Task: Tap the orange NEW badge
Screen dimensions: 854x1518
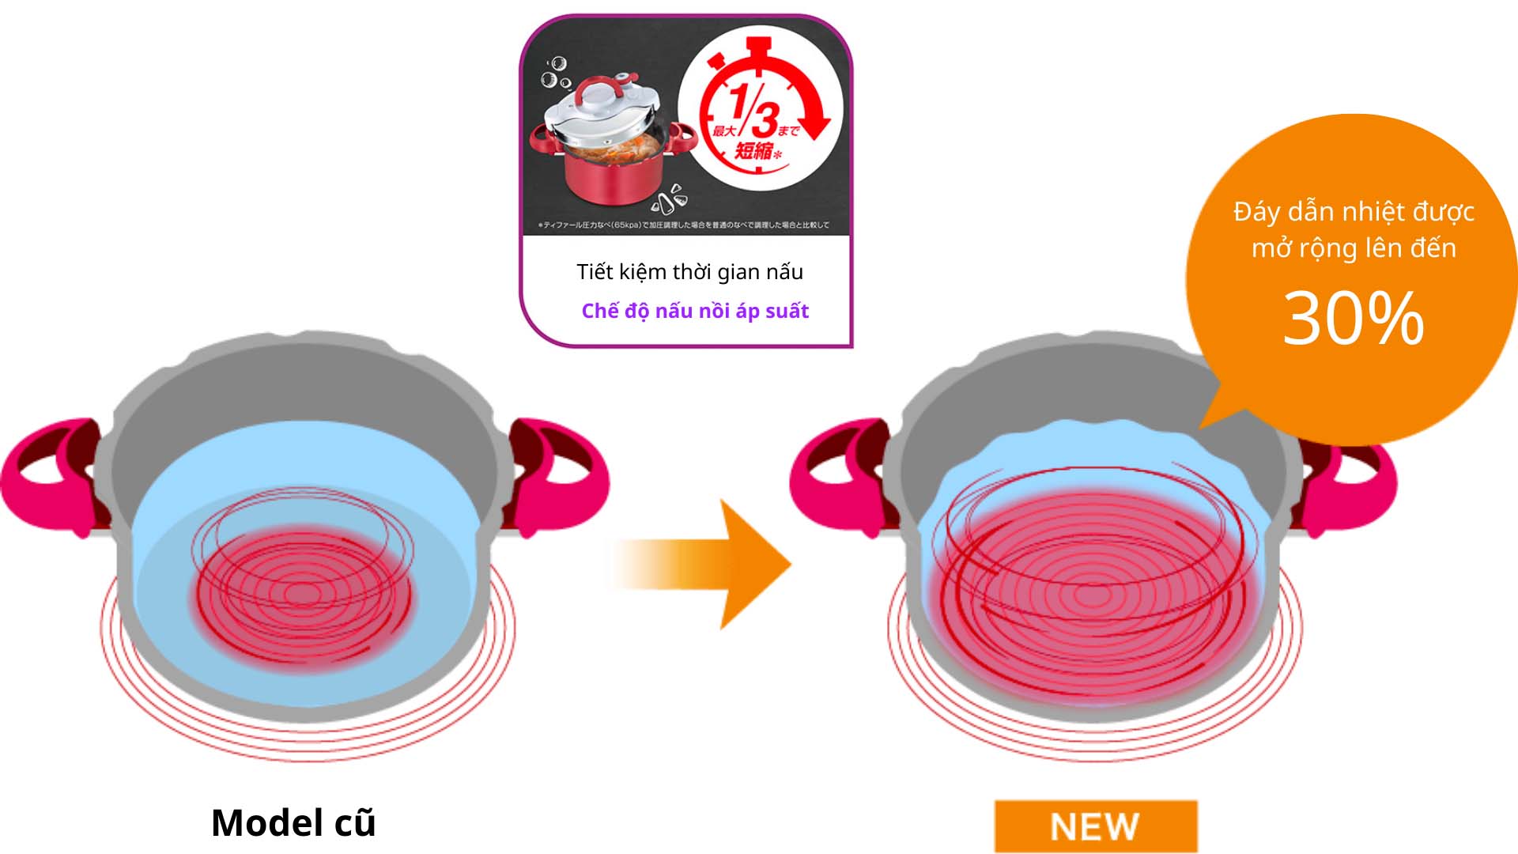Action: click(1095, 826)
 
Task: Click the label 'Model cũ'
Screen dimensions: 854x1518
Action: click(293, 822)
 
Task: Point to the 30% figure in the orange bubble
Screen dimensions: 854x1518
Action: click(1353, 318)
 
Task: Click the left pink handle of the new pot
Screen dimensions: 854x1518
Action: click(838, 474)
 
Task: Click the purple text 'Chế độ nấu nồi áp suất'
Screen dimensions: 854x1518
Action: click(695, 311)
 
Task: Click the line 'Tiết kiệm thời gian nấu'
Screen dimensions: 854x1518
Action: click(689, 272)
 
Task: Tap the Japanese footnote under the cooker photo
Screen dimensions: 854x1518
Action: click(684, 225)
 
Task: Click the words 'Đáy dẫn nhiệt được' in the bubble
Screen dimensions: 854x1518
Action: click(1353, 212)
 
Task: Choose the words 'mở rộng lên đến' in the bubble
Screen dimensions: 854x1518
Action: click(1353, 248)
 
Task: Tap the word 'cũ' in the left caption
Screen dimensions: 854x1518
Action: click(354, 822)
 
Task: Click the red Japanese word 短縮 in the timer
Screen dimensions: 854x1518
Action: click(753, 150)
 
